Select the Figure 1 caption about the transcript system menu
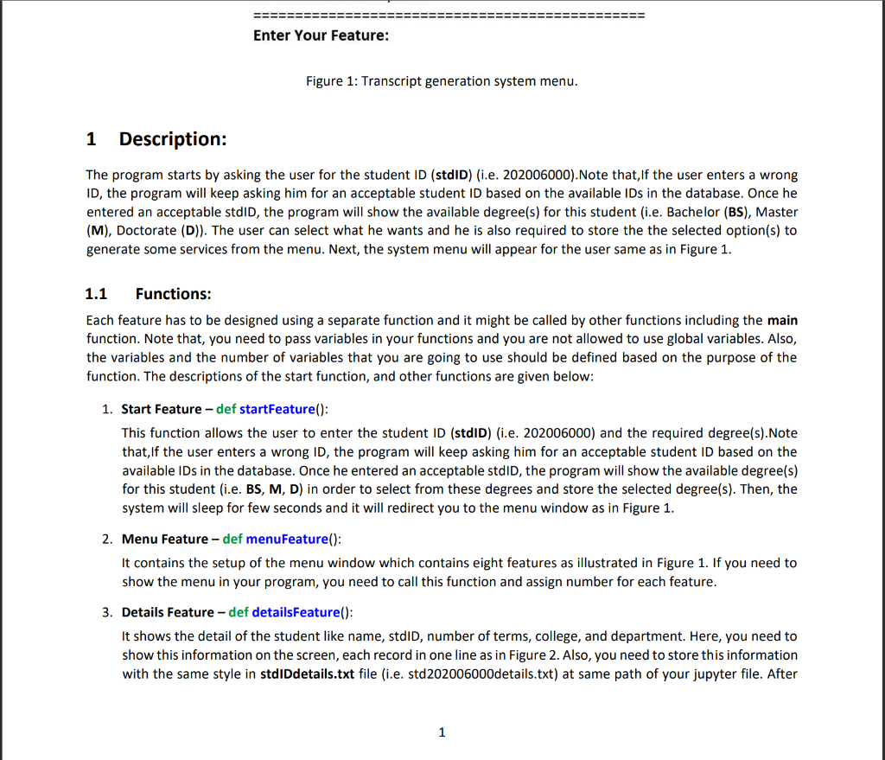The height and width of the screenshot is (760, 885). click(442, 81)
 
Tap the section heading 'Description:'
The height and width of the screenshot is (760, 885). click(173, 139)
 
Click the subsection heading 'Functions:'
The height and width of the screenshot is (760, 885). click(173, 294)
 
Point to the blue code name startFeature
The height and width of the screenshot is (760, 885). click(277, 408)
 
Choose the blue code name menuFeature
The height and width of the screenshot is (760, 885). click(287, 539)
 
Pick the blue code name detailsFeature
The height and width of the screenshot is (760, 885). click(294, 612)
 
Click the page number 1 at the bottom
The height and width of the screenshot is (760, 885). click(442, 732)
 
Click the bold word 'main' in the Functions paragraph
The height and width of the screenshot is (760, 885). click(782, 320)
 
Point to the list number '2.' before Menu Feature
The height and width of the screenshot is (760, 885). click(106, 539)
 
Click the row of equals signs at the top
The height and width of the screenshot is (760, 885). click(449, 16)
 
